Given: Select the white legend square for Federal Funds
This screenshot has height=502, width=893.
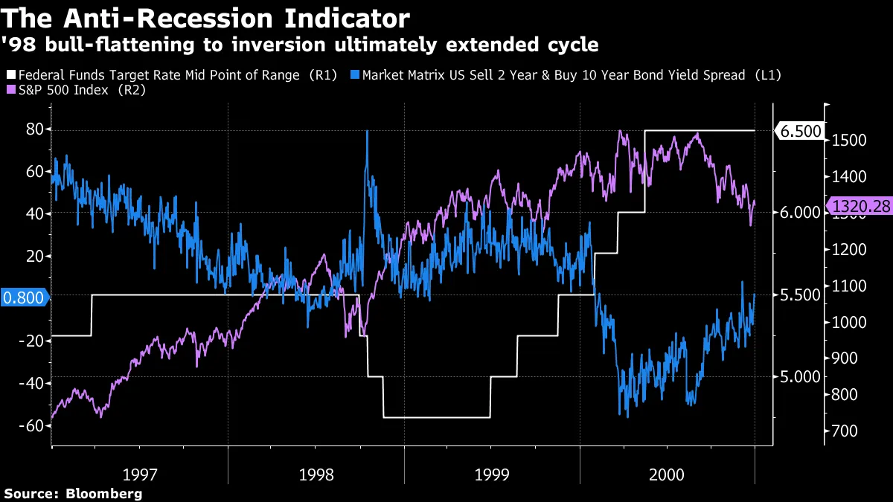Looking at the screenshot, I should click(10, 75).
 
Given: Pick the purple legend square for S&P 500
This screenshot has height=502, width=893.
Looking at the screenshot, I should click(10, 89).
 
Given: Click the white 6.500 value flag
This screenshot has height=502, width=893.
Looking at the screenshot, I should click(800, 132).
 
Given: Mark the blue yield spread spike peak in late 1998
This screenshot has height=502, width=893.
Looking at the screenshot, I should click(367, 132).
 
